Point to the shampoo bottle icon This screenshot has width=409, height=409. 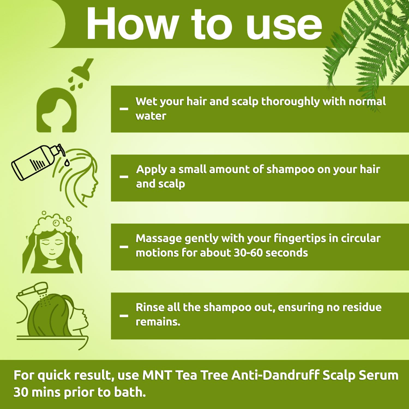click(x=37, y=162)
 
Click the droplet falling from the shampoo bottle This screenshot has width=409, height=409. click(x=67, y=163)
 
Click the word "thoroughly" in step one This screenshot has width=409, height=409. click(x=290, y=102)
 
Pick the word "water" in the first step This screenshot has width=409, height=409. click(x=151, y=116)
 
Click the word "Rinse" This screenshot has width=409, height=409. click(x=149, y=307)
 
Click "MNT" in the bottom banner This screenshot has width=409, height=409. click(x=157, y=375)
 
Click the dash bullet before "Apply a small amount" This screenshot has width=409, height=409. click(x=124, y=177)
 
